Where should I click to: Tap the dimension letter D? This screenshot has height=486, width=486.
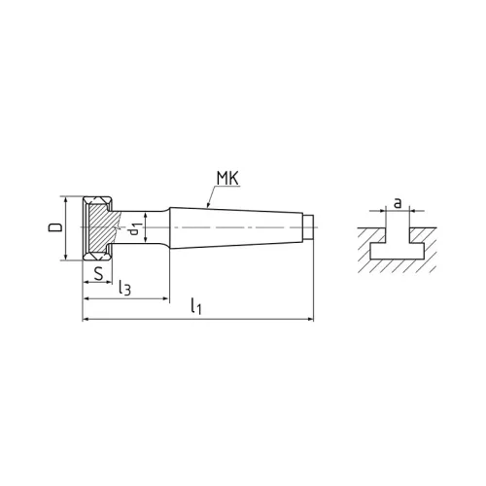pyautogui.click(x=53, y=227)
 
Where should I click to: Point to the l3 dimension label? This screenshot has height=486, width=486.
pyautogui.click(x=124, y=289)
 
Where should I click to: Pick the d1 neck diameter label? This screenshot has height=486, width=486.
pyautogui.click(x=137, y=230)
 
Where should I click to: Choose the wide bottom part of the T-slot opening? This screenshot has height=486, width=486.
pyautogui.click(x=396, y=251)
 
